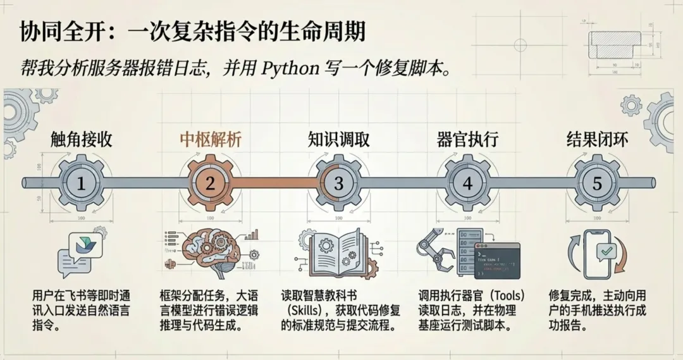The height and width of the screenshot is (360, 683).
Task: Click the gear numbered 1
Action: [x=81, y=183]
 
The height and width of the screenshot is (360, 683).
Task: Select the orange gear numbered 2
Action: [x=210, y=183]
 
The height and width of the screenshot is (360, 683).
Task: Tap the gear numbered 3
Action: [x=339, y=183]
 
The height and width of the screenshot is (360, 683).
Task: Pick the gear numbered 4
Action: [x=468, y=183]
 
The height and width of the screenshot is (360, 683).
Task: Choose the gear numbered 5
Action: [x=597, y=183]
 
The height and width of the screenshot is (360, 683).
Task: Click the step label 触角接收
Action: [x=81, y=139]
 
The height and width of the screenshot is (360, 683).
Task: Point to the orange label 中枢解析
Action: [x=210, y=139]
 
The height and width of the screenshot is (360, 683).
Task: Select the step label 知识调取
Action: [x=339, y=139]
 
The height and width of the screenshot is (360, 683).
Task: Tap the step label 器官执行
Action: [x=468, y=139]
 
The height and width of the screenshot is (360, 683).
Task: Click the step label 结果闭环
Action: [x=597, y=139]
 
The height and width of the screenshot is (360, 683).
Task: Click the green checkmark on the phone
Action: [x=606, y=252]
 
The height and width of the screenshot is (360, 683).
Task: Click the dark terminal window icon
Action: [x=496, y=261]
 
